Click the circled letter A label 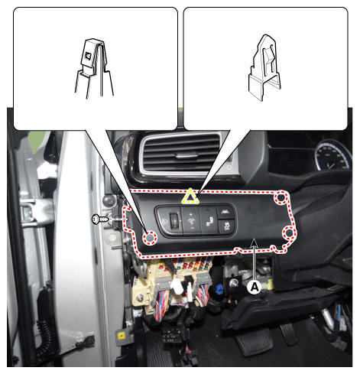click(255, 287)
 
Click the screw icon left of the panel click(100, 220)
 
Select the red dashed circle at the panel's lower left click(150, 238)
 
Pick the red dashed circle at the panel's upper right click(281, 197)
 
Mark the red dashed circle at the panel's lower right click(289, 233)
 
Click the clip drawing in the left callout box click(94, 68)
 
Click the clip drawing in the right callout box click(264, 67)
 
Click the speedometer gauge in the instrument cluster click(332, 155)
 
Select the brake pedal click(253, 342)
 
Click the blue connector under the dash click(219, 290)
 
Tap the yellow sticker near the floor click(121, 336)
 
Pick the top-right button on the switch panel click(225, 212)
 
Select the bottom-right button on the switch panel click(226, 226)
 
